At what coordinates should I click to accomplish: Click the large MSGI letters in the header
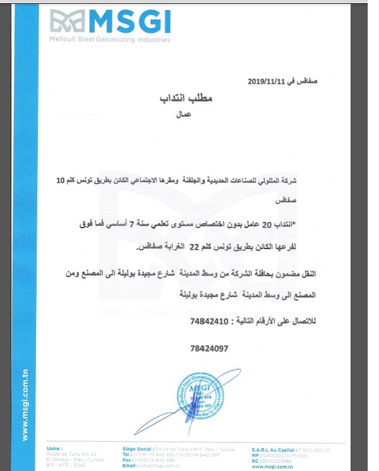click(x=129, y=23)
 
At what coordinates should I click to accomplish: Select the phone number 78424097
click(x=207, y=348)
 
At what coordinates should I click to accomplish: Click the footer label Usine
click(x=54, y=448)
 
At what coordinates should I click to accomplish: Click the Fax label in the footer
click(x=127, y=458)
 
